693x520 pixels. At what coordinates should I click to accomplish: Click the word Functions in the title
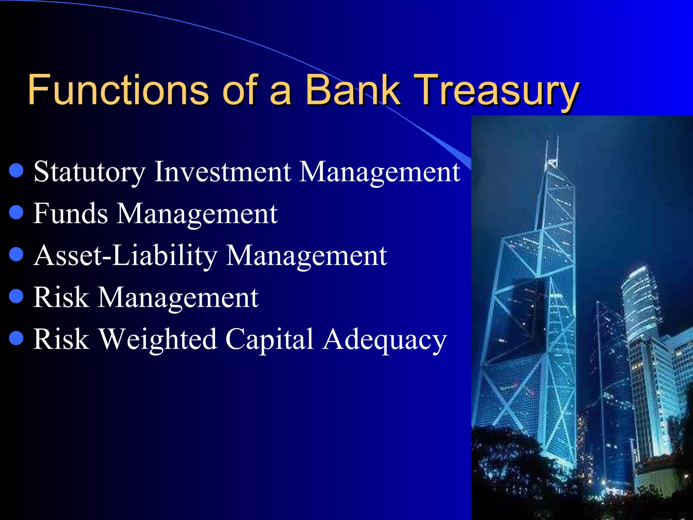[x=118, y=90]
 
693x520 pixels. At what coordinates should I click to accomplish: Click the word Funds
[x=70, y=214]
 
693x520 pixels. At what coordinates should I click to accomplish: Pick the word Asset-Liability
[x=126, y=256]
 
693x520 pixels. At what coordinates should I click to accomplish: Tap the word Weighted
[x=158, y=339]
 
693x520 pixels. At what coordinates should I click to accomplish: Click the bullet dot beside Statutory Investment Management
[x=16, y=171]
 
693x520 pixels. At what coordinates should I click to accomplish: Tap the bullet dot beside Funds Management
[x=16, y=213]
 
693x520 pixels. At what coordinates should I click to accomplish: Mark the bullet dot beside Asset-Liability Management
[x=16, y=255]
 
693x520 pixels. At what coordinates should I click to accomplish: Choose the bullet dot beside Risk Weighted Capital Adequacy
[x=16, y=338]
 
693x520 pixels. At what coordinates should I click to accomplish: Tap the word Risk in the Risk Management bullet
[x=61, y=297]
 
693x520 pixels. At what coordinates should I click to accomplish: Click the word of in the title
[x=241, y=90]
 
